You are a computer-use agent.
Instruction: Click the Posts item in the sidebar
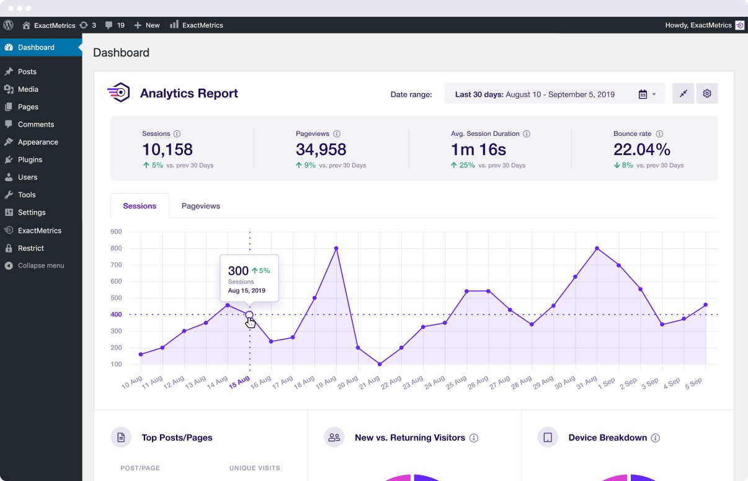tap(27, 71)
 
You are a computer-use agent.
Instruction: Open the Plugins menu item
tap(30, 160)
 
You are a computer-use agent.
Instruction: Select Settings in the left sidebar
tap(31, 212)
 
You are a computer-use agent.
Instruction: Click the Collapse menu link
tap(40, 266)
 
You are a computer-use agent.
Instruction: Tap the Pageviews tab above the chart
tap(200, 206)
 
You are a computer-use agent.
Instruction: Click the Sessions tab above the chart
tap(140, 206)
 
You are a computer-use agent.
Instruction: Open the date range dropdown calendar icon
tap(643, 94)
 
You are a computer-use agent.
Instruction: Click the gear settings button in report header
tap(706, 94)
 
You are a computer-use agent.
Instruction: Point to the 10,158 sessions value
tap(167, 150)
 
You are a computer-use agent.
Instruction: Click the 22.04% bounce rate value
tap(642, 150)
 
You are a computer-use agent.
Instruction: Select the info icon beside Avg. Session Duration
tap(527, 134)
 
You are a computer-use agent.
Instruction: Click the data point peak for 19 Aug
tap(336, 248)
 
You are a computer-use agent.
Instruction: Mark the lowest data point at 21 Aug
tap(380, 364)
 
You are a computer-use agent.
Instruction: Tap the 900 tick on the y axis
tap(116, 232)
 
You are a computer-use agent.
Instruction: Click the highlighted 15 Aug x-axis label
tap(239, 382)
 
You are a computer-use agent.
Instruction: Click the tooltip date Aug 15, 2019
tap(246, 290)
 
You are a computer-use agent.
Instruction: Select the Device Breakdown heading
tap(607, 438)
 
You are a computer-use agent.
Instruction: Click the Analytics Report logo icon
tap(118, 93)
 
